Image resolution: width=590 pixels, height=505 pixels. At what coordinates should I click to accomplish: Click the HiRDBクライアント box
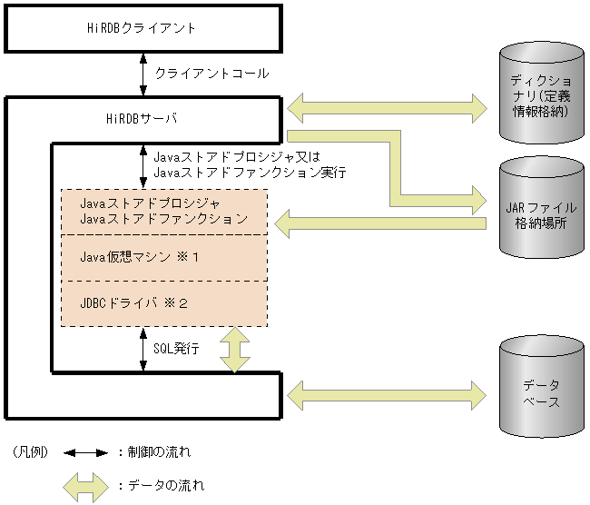click(143, 29)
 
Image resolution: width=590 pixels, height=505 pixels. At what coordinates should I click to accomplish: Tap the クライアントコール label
click(211, 73)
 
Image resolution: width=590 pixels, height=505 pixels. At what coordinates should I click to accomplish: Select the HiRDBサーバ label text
click(142, 118)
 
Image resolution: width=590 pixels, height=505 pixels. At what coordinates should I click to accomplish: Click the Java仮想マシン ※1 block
click(163, 257)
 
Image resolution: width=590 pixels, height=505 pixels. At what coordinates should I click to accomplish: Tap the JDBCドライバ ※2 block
click(163, 303)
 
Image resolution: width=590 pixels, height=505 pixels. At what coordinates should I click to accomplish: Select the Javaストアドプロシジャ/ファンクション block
click(163, 211)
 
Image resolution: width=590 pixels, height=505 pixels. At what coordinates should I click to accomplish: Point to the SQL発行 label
click(176, 349)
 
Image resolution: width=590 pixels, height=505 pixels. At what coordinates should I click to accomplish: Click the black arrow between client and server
click(143, 74)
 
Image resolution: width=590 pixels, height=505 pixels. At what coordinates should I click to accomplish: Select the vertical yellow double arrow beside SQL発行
click(234, 350)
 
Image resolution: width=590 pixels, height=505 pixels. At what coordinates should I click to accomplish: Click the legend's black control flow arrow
click(85, 451)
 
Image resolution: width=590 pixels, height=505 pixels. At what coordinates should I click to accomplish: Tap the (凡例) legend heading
click(29, 451)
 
